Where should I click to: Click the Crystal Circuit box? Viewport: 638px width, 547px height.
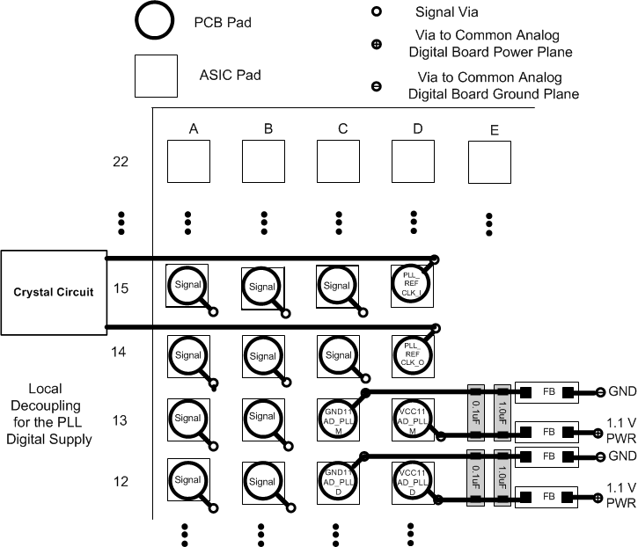[53, 293]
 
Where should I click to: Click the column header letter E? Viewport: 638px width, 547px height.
[494, 131]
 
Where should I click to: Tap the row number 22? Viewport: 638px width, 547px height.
[121, 162]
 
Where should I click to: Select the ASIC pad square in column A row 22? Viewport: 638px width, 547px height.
[189, 161]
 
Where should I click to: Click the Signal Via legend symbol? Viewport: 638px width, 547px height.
[377, 12]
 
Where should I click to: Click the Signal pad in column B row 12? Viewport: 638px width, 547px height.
[263, 481]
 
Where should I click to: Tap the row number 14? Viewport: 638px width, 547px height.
[119, 352]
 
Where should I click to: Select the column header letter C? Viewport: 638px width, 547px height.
[342, 129]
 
